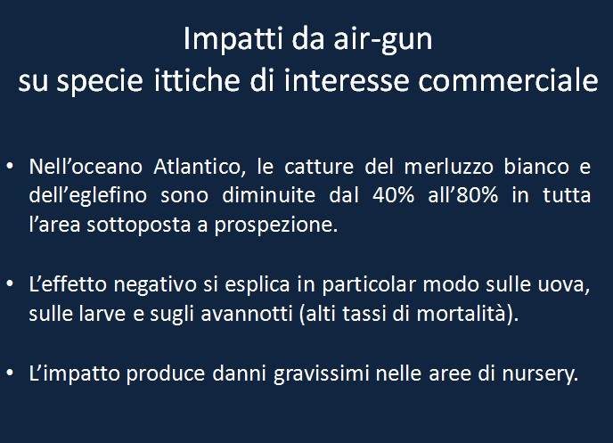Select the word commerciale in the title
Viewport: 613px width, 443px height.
click(508, 80)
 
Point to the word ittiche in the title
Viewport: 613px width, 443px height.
click(196, 80)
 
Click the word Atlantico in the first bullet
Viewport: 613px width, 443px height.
click(200, 167)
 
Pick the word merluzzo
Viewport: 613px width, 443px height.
click(449, 167)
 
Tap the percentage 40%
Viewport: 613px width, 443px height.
click(393, 195)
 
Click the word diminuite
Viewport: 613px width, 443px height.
click(268, 195)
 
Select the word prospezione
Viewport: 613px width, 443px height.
click(275, 226)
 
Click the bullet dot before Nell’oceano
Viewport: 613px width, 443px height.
click(10, 167)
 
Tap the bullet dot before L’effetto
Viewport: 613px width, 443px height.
click(10, 284)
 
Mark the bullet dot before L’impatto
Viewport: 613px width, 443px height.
click(10, 373)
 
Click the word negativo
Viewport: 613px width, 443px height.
click(155, 285)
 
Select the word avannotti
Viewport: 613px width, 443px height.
click(247, 314)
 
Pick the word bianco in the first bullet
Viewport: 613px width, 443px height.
click(536, 167)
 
